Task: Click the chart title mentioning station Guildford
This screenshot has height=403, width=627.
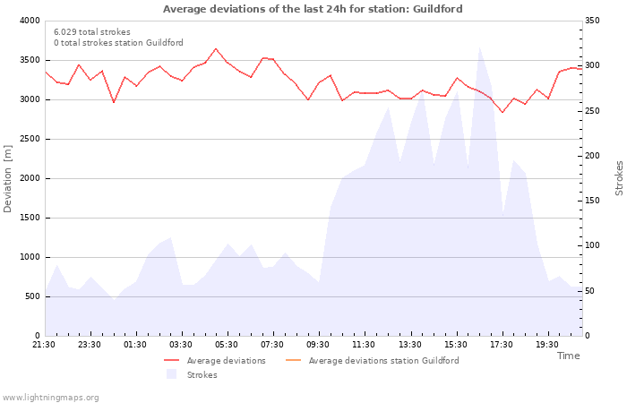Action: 313,9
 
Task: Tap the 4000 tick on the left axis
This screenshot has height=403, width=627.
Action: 30,21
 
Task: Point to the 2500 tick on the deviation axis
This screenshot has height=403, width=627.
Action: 30,139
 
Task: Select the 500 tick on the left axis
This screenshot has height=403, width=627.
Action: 33,296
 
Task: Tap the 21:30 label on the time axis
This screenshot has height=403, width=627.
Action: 44,345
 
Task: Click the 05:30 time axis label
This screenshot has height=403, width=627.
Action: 227,345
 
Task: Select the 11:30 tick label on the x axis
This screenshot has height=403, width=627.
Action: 364,345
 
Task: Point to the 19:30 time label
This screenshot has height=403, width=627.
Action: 546,345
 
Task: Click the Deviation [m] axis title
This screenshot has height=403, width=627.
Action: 9,178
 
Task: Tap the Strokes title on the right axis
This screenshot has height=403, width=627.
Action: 619,178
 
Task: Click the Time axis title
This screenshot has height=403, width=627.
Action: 568,356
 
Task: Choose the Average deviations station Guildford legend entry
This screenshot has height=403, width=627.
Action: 383,361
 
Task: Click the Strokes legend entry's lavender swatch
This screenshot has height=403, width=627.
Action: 171,374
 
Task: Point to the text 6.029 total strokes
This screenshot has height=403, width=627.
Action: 91,32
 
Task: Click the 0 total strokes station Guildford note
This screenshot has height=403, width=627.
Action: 118,43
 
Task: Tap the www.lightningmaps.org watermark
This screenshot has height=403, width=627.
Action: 51,397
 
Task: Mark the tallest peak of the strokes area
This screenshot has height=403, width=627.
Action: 479,47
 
